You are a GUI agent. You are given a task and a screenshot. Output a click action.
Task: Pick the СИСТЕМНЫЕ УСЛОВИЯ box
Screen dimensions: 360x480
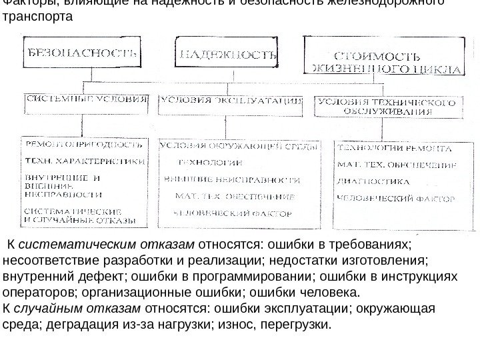click(86, 99)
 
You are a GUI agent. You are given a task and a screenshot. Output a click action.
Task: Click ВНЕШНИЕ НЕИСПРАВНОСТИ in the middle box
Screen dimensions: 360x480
click(233, 179)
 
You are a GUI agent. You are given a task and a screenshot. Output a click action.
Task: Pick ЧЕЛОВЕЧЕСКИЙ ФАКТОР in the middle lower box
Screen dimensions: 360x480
click(233, 213)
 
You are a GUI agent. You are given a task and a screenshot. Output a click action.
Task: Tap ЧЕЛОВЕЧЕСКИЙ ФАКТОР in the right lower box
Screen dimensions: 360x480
click(397, 198)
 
